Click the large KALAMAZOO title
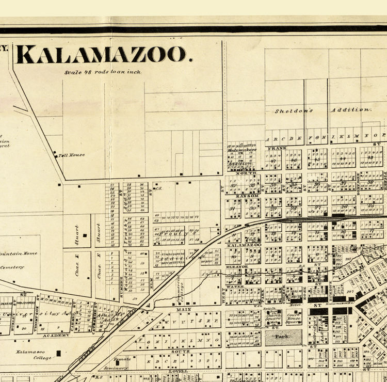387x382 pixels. (x=104, y=54)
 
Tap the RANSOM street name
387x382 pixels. (x=243, y=197)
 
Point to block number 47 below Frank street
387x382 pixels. (x=273, y=161)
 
